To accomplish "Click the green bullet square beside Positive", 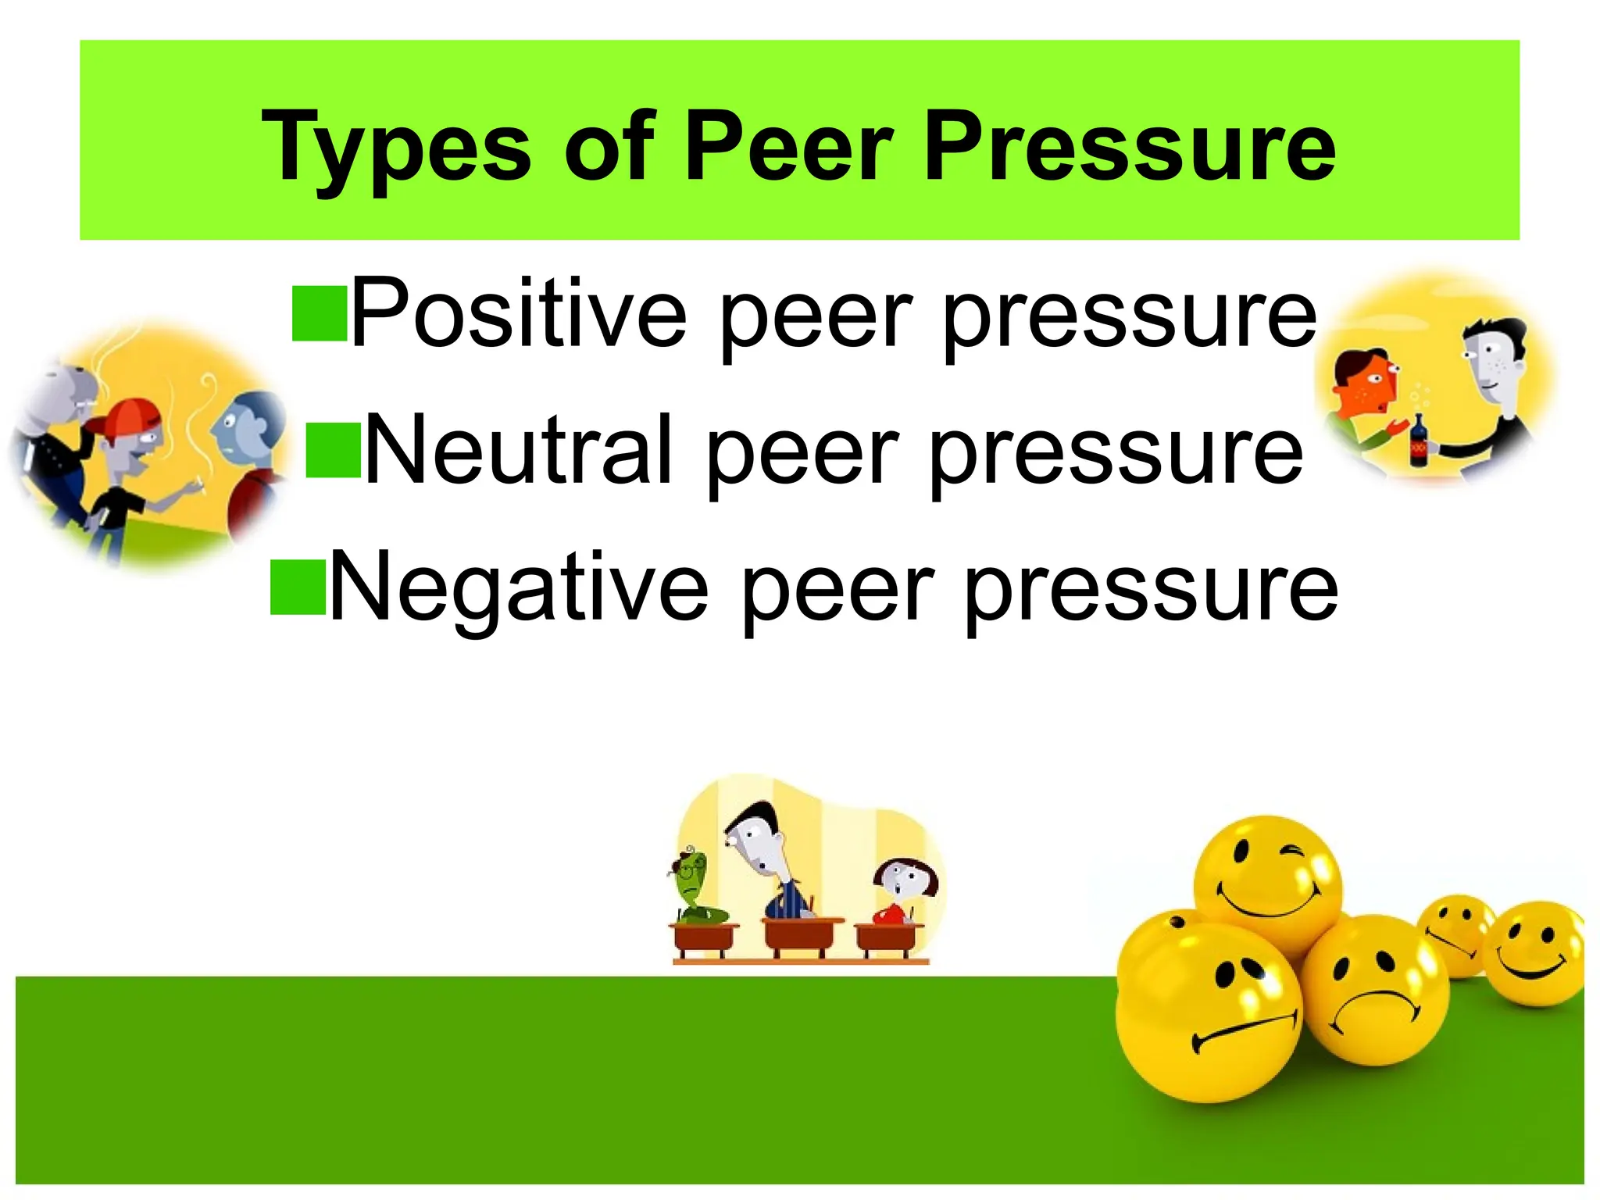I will pos(320,314).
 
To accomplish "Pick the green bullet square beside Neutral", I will pos(333,451).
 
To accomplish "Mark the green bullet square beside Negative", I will pos(298,587).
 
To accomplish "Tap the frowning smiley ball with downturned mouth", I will pos(1375,990).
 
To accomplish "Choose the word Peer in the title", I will pos(788,147).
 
